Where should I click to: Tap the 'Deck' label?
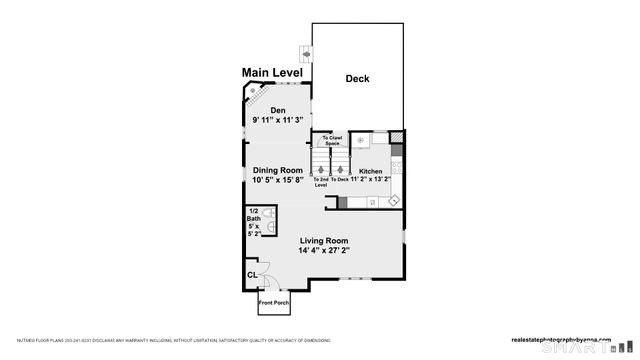point(358,78)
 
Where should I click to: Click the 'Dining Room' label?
point(277,170)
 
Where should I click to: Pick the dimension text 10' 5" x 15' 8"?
point(277,180)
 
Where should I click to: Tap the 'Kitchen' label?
point(371,171)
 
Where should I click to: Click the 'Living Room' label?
point(323,240)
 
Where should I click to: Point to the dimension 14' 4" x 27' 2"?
point(323,251)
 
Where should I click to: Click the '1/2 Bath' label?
point(253,214)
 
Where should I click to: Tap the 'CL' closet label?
point(252,274)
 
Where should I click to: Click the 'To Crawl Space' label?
point(331,142)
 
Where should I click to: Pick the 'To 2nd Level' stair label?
point(321,182)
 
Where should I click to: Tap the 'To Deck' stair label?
point(340,180)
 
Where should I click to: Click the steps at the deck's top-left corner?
point(305,53)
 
